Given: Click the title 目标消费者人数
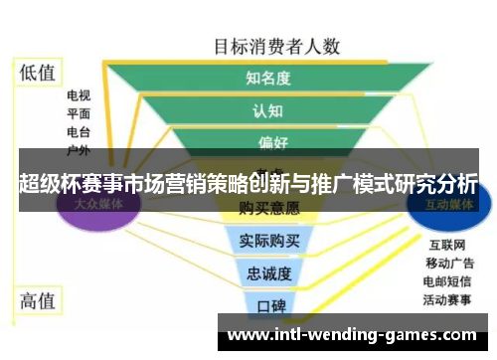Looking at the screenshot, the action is point(277,46).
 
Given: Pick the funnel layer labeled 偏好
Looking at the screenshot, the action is point(268,142).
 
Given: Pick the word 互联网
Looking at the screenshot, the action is point(447,244).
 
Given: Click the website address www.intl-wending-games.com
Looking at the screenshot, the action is point(353,335).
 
